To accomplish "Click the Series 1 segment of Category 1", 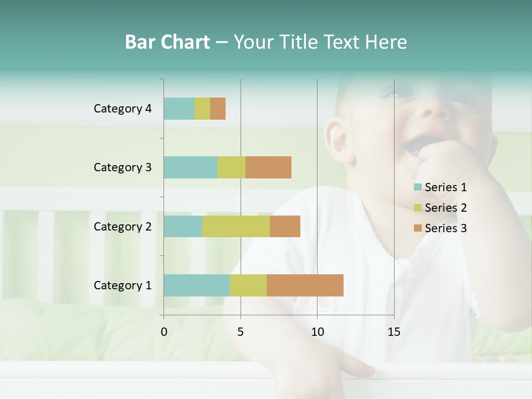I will [197, 285].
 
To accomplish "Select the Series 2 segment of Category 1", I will [248, 285].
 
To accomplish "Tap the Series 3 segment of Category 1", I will [305, 285].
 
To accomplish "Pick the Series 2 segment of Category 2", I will [236, 226].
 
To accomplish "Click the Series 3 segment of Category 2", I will [285, 226].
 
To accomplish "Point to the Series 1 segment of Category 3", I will [191, 167].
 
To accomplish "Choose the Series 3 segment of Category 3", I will [268, 167].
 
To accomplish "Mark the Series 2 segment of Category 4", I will [202, 109].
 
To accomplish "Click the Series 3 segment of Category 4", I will [218, 109].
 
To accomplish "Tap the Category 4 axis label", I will [122, 109].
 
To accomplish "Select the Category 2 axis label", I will [122, 226].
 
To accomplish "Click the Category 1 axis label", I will [122, 285].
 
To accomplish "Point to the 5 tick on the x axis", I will [241, 332].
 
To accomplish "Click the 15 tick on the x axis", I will [394, 332].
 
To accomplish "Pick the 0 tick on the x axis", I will [164, 332].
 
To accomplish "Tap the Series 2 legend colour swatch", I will [417, 208].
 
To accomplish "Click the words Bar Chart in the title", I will [167, 42].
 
